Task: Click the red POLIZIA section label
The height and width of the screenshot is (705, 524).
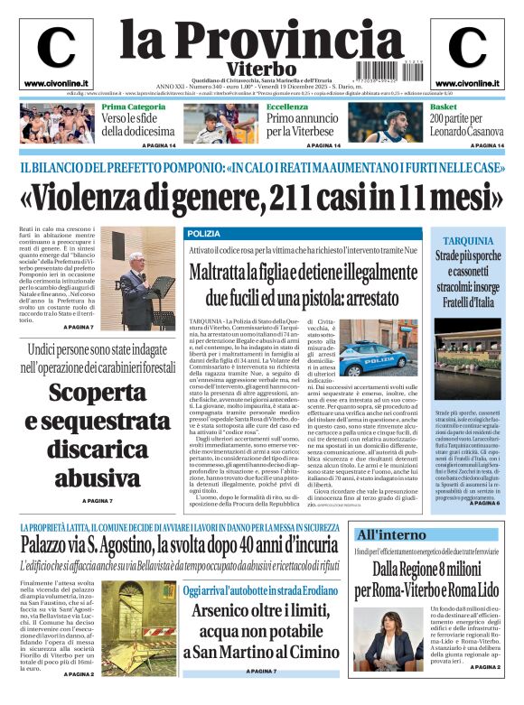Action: click(x=203, y=234)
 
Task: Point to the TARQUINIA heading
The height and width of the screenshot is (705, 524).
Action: click(x=467, y=241)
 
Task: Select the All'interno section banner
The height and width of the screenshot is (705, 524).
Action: click(x=391, y=534)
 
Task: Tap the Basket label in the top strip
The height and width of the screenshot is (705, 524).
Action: click(x=443, y=107)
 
